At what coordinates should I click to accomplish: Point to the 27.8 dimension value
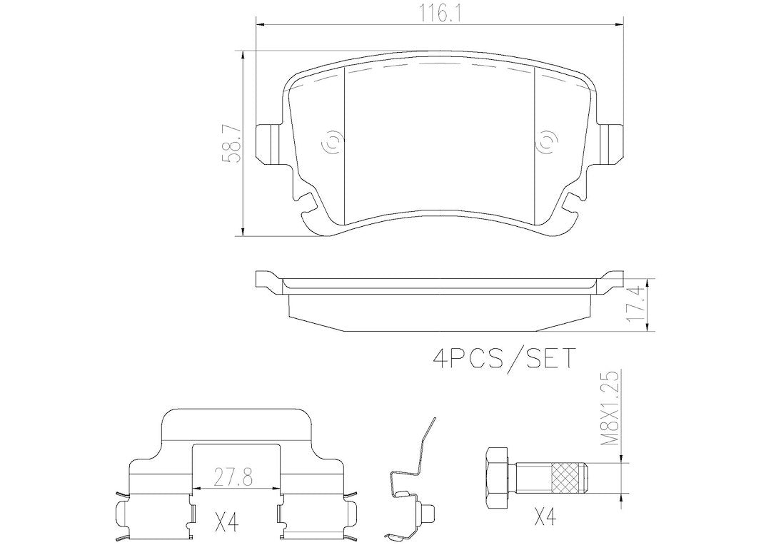point(234,477)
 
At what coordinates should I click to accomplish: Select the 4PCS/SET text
point(503,358)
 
